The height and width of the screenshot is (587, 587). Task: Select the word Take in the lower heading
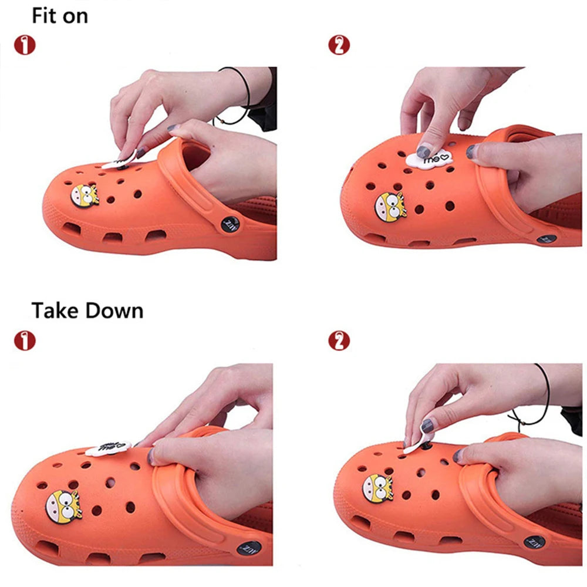(55, 310)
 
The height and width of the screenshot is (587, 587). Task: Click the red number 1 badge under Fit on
(25, 46)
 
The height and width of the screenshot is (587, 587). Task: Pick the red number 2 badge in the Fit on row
(339, 46)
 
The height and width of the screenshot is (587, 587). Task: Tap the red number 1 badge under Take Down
(25, 340)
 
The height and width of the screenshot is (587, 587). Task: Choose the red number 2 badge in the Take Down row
(339, 340)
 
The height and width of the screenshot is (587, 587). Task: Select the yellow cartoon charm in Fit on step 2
(390, 205)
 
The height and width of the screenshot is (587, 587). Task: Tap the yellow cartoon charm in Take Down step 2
(377, 488)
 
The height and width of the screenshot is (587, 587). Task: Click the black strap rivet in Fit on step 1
(227, 224)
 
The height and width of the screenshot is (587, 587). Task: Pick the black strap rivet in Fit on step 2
(546, 239)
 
